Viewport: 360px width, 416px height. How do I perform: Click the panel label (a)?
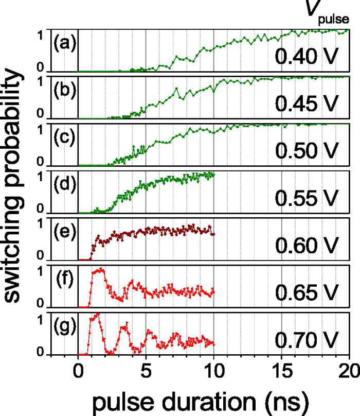point(65,43)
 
